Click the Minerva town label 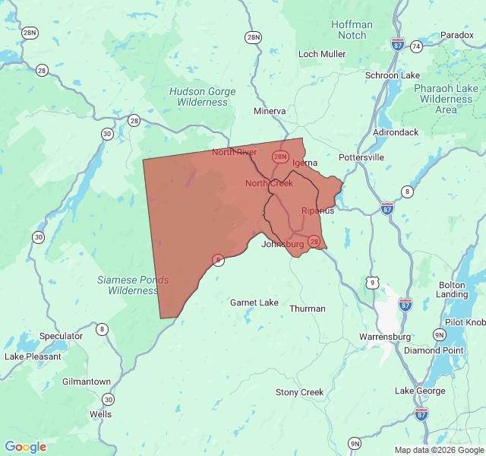pyautogui.click(x=270, y=111)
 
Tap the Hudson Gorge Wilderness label pyautogui.click(x=202, y=97)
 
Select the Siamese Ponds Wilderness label pyautogui.click(x=133, y=285)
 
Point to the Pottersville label pyautogui.click(x=361, y=157)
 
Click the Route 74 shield pyautogui.click(x=416, y=46)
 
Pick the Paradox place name pyautogui.click(x=456, y=35)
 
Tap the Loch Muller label pyautogui.click(x=322, y=54)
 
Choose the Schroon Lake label pyautogui.click(x=392, y=75)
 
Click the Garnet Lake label pyautogui.click(x=254, y=302)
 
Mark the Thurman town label pyautogui.click(x=308, y=309)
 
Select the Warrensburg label pyautogui.click(x=385, y=336)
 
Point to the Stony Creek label pyautogui.click(x=299, y=392)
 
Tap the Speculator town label pyautogui.click(x=61, y=336)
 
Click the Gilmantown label pyautogui.click(x=87, y=382)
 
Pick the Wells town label pyautogui.click(x=100, y=414)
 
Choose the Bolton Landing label pyautogui.click(x=453, y=290)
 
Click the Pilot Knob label pyautogui.click(x=465, y=322)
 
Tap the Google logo pyautogui.click(x=25, y=447)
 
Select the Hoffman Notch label pyautogui.click(x=352, y=30)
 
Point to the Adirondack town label pyautogui.click(x=396, y=132)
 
